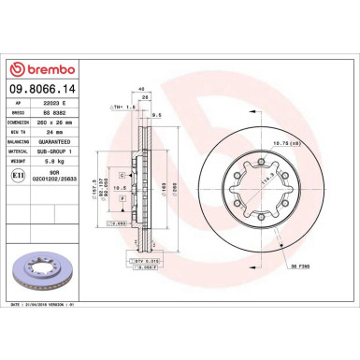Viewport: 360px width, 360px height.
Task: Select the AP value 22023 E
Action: (65, 103)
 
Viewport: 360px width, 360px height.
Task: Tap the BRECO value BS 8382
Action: (65, 112)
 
